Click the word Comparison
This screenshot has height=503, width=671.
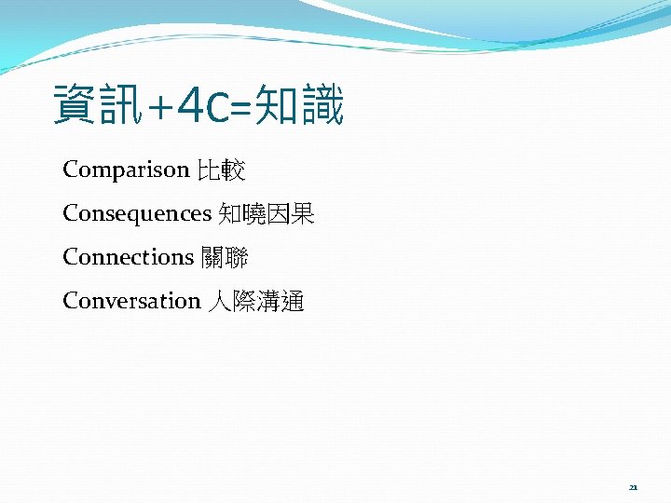pyautogui.click(x=125, y=170)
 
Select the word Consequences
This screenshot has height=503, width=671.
pyautogui.click(x=137, y=214)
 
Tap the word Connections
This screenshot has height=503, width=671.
pyautogui.click(x=127, y=257)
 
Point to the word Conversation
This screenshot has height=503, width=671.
pyautogui.click(x=131, y=301)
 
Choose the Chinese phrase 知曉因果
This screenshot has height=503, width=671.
pyautogui.click(x=267, y=214)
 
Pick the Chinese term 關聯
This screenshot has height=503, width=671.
pyautogui.click(x=225, y=257)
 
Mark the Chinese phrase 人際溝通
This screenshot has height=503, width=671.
pyautogui.click(x=257, y=301)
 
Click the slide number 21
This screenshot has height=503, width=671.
pyautogui.click(x=633, y=487)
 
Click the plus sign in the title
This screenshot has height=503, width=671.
pyautogui.click(x=157, y=107)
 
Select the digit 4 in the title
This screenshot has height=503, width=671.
pyautogui.click(x=190, y=106)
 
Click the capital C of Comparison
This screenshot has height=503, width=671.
pyautogui.click(x=71, y=170)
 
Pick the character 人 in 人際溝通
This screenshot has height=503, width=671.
pyautogui.click(x=220, y=301)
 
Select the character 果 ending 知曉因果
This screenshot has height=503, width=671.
pyautogui.click(x=303, y=214)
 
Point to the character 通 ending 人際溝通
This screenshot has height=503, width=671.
pyautogui.click(x=293, y=301)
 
